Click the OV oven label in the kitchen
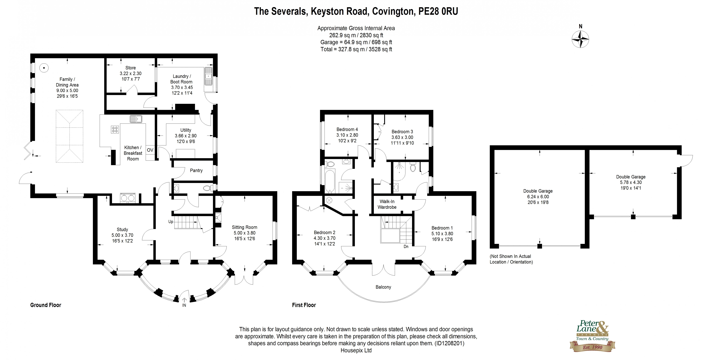150,150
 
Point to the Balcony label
383,287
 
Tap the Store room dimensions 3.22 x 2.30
130,73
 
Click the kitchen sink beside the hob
136,119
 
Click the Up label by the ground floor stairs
171,221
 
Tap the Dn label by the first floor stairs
406,247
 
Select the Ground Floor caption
46,305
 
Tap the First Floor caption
304,305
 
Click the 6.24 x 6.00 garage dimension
538,197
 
